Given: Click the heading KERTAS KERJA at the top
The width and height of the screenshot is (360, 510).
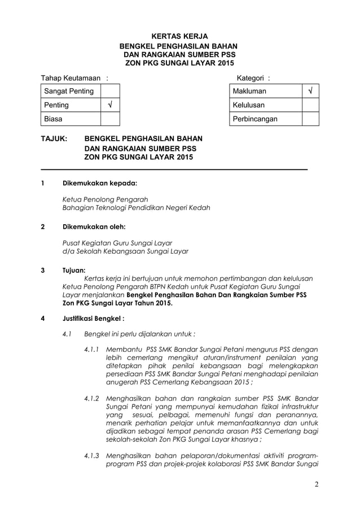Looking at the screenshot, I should click(180, 35).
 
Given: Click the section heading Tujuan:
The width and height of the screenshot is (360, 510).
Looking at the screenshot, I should click(74, 270).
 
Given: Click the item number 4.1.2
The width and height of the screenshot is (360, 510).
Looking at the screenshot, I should click(91, 399).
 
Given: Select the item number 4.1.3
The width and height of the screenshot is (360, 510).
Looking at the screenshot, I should click(91, 455).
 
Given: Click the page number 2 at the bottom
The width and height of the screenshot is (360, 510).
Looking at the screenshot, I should click(315, 484).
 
